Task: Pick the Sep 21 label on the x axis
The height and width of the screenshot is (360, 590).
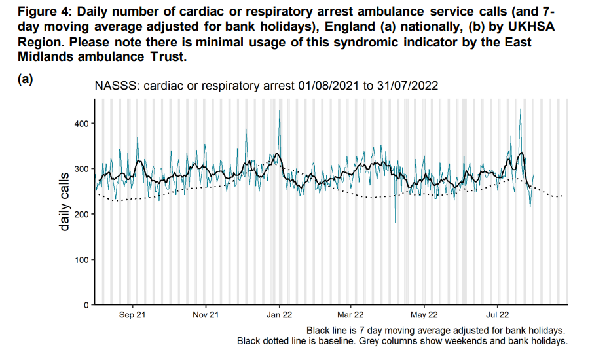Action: tap(132, 315)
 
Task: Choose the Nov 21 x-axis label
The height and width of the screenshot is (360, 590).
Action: tap(206, 315)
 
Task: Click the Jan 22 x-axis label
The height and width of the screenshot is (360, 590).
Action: tap(279, 315)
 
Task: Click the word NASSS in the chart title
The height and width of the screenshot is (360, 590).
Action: tap(115, 86)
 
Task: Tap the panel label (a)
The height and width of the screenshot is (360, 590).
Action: tap(26, 79)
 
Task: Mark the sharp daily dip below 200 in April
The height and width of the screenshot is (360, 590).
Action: tap(396, 222)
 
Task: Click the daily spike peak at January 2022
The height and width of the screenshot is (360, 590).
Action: tap(280, 111)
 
